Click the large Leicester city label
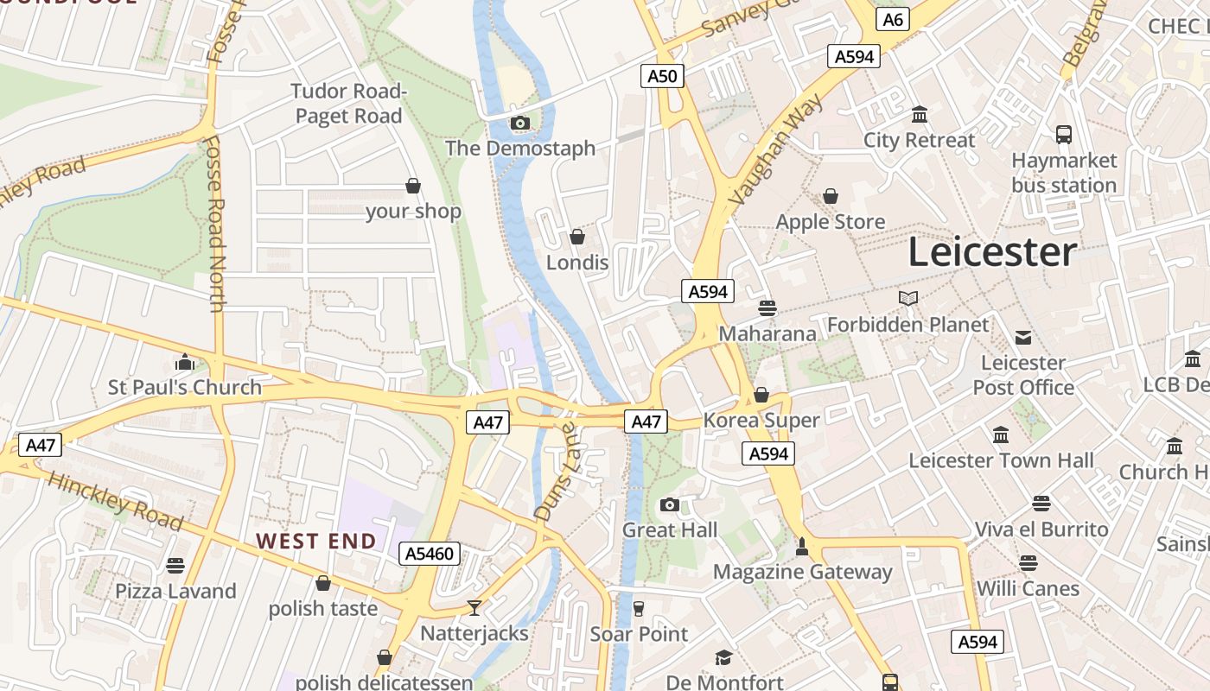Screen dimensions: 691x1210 (x=992, y=252)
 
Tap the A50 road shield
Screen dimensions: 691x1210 (x=663, y=76)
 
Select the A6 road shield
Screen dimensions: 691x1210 (x=893, y=19)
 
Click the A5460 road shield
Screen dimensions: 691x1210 (x=429, y=554)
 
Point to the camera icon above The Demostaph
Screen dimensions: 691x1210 (x=519, y=124)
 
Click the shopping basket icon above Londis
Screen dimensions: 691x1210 (x=577, y=237)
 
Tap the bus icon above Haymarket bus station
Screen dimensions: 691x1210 (x=1064, y=135)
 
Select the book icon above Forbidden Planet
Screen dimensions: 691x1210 (x=907, y=299)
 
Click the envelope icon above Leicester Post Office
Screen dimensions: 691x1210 (x=1023, y=337)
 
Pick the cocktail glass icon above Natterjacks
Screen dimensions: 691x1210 (x=474, y=608)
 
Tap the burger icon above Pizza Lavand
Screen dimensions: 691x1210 (x=175, y=566)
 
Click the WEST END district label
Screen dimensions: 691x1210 (x=316, y=542)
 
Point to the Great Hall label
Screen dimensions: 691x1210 (x=670, y=529)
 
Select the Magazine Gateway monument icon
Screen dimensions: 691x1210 (x=802, y=547)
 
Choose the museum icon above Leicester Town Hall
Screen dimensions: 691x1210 (x=1001, y=434)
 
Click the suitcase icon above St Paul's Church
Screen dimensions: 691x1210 (x=184, y=362)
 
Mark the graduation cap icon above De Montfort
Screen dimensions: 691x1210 (x=723, y=658)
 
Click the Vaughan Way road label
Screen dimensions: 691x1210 (x=775, y=151)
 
